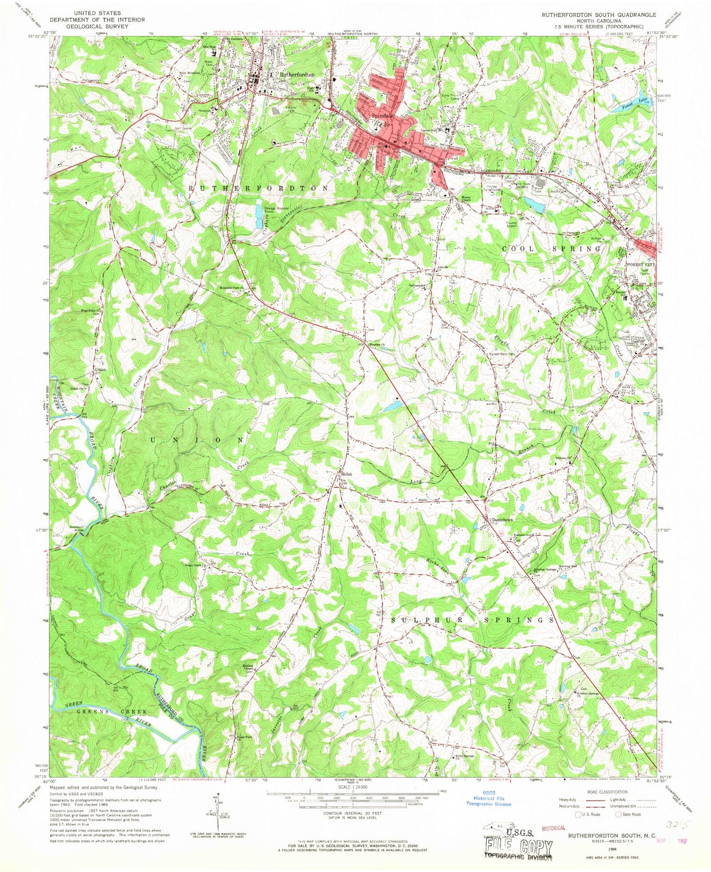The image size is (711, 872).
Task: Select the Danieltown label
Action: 502,520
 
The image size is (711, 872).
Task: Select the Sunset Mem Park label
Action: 501,353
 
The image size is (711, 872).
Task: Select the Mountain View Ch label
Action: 232,288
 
